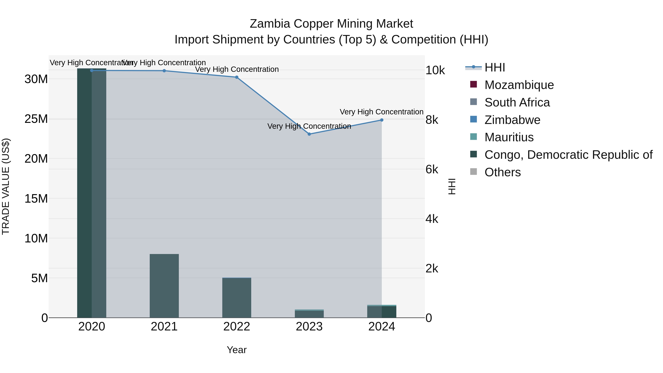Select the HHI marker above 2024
tap(382, 120)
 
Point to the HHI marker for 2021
tap(164, 71)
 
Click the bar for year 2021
tap(164, 286)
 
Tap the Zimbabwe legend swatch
tap(473, 119)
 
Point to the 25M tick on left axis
tap(36, 119)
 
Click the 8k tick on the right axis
tap(432, 120)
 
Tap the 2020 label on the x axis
tap(92, 327)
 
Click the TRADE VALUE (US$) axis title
tap(6, 186)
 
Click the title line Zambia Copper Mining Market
tap(331, 24)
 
